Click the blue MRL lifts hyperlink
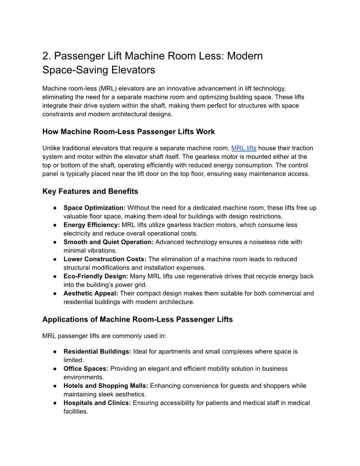(244, 148)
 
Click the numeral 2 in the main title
(45, 56)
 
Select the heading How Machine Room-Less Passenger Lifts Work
(128, 132)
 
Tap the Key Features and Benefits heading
(90, 191)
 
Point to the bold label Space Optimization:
(94, 208)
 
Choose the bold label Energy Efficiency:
(91, 225)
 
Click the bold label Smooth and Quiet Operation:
(109, 242)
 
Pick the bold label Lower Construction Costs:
(105, 259)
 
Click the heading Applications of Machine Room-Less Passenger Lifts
(137, 319)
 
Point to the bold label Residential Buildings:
(97, 352)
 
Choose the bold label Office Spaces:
(86, 368)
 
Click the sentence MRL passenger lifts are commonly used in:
(104, 336)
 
